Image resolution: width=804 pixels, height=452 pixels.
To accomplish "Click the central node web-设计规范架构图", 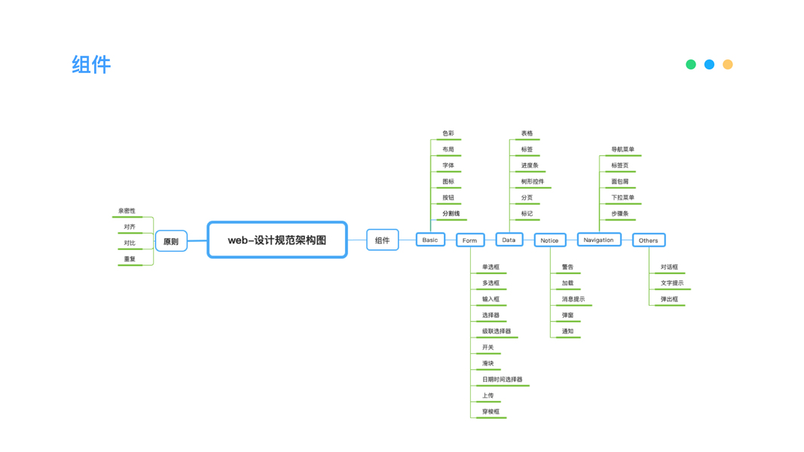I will tap(277, 240).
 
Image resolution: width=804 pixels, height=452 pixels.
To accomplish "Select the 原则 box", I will tap(171, 241).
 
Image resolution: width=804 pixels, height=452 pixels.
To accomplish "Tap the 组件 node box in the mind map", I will tap(382, 240).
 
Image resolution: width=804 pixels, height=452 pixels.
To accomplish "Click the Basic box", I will tap(430, 240).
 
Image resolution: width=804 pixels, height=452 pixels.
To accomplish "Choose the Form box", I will tap(470, 240).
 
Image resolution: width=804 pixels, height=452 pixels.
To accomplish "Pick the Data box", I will tap(509, 240).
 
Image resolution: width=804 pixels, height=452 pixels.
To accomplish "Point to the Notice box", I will tap(549, 240).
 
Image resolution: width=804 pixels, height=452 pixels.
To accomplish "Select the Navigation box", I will tap(598, 240).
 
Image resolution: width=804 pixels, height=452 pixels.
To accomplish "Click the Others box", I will tap(648, 240).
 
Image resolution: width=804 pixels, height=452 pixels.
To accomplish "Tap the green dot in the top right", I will tap(691, 65).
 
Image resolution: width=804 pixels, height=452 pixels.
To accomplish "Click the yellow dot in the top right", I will tap(728, 65).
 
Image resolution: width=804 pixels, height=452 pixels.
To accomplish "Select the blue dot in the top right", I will tap(709, 65).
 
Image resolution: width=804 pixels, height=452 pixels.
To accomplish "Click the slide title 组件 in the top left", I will tap(91, 65).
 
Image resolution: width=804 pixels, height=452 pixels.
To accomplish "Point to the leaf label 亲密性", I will tap(127, 211).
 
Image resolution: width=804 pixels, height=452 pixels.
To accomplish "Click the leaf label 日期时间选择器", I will tap(502, 380).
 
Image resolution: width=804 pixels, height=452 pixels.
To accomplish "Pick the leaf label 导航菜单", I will tap(622, 149).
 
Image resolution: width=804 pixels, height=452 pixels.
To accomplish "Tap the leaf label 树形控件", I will tap(532, 182).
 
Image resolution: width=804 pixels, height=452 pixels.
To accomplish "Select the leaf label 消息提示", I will tap(573, 299).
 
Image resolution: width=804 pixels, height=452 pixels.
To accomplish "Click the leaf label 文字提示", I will tap(671, 283).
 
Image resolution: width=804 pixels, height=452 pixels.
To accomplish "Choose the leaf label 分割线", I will tap(451, 213).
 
